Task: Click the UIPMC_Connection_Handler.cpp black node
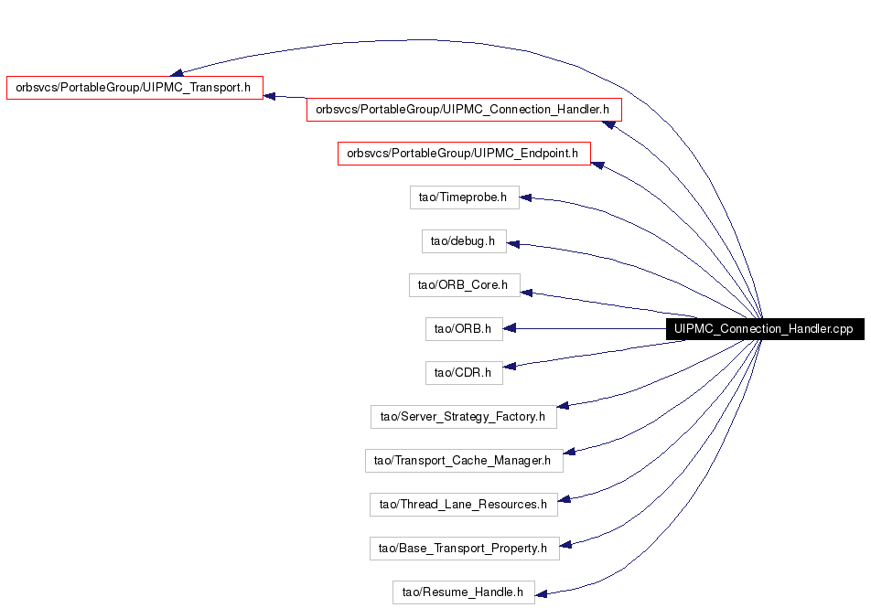pyautogui.click(x=765, y=329)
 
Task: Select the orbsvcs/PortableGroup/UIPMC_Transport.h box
pyautogui.click(x=134, y=88)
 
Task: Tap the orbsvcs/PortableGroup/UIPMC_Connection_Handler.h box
pyautogui.click(x=464, y=110)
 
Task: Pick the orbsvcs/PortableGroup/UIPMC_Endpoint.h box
pyautogui.click(x=464, y=154)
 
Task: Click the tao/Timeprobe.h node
pyautogui.click(x=465, y=197)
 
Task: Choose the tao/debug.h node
pyautogui.click(x=464, y=241)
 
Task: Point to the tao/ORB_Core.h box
pyautogui.click(x=465, y=285)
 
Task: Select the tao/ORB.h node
pyautogui.click(x=464, y=329)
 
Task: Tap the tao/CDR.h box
pyautogui.click(x=464, y=373)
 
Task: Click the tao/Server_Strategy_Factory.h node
pyautogui.click(x=463, y=416)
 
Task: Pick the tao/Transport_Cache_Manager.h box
pyautogui.click(x=464, y=460)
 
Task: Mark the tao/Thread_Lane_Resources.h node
pyautogui.click(x=463, y=504)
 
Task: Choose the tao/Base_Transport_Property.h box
pyautogui.click(x=465, y=548)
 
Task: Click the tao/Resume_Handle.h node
pyautogui.click(x=463, y=592)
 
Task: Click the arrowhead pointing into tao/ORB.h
pyautogui.click(x=510, y=329)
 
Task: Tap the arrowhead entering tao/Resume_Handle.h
pyautogui.click(x=541, y=594)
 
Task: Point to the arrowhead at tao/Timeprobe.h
pyautogui.click(x=526, y=197)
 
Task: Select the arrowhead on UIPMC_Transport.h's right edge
pyautogui.click(x=269, y=96)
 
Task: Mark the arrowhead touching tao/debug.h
pyautogui.click(x=513, y=244)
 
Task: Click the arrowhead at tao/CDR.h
pyautogui.click(x=510, y=366)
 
